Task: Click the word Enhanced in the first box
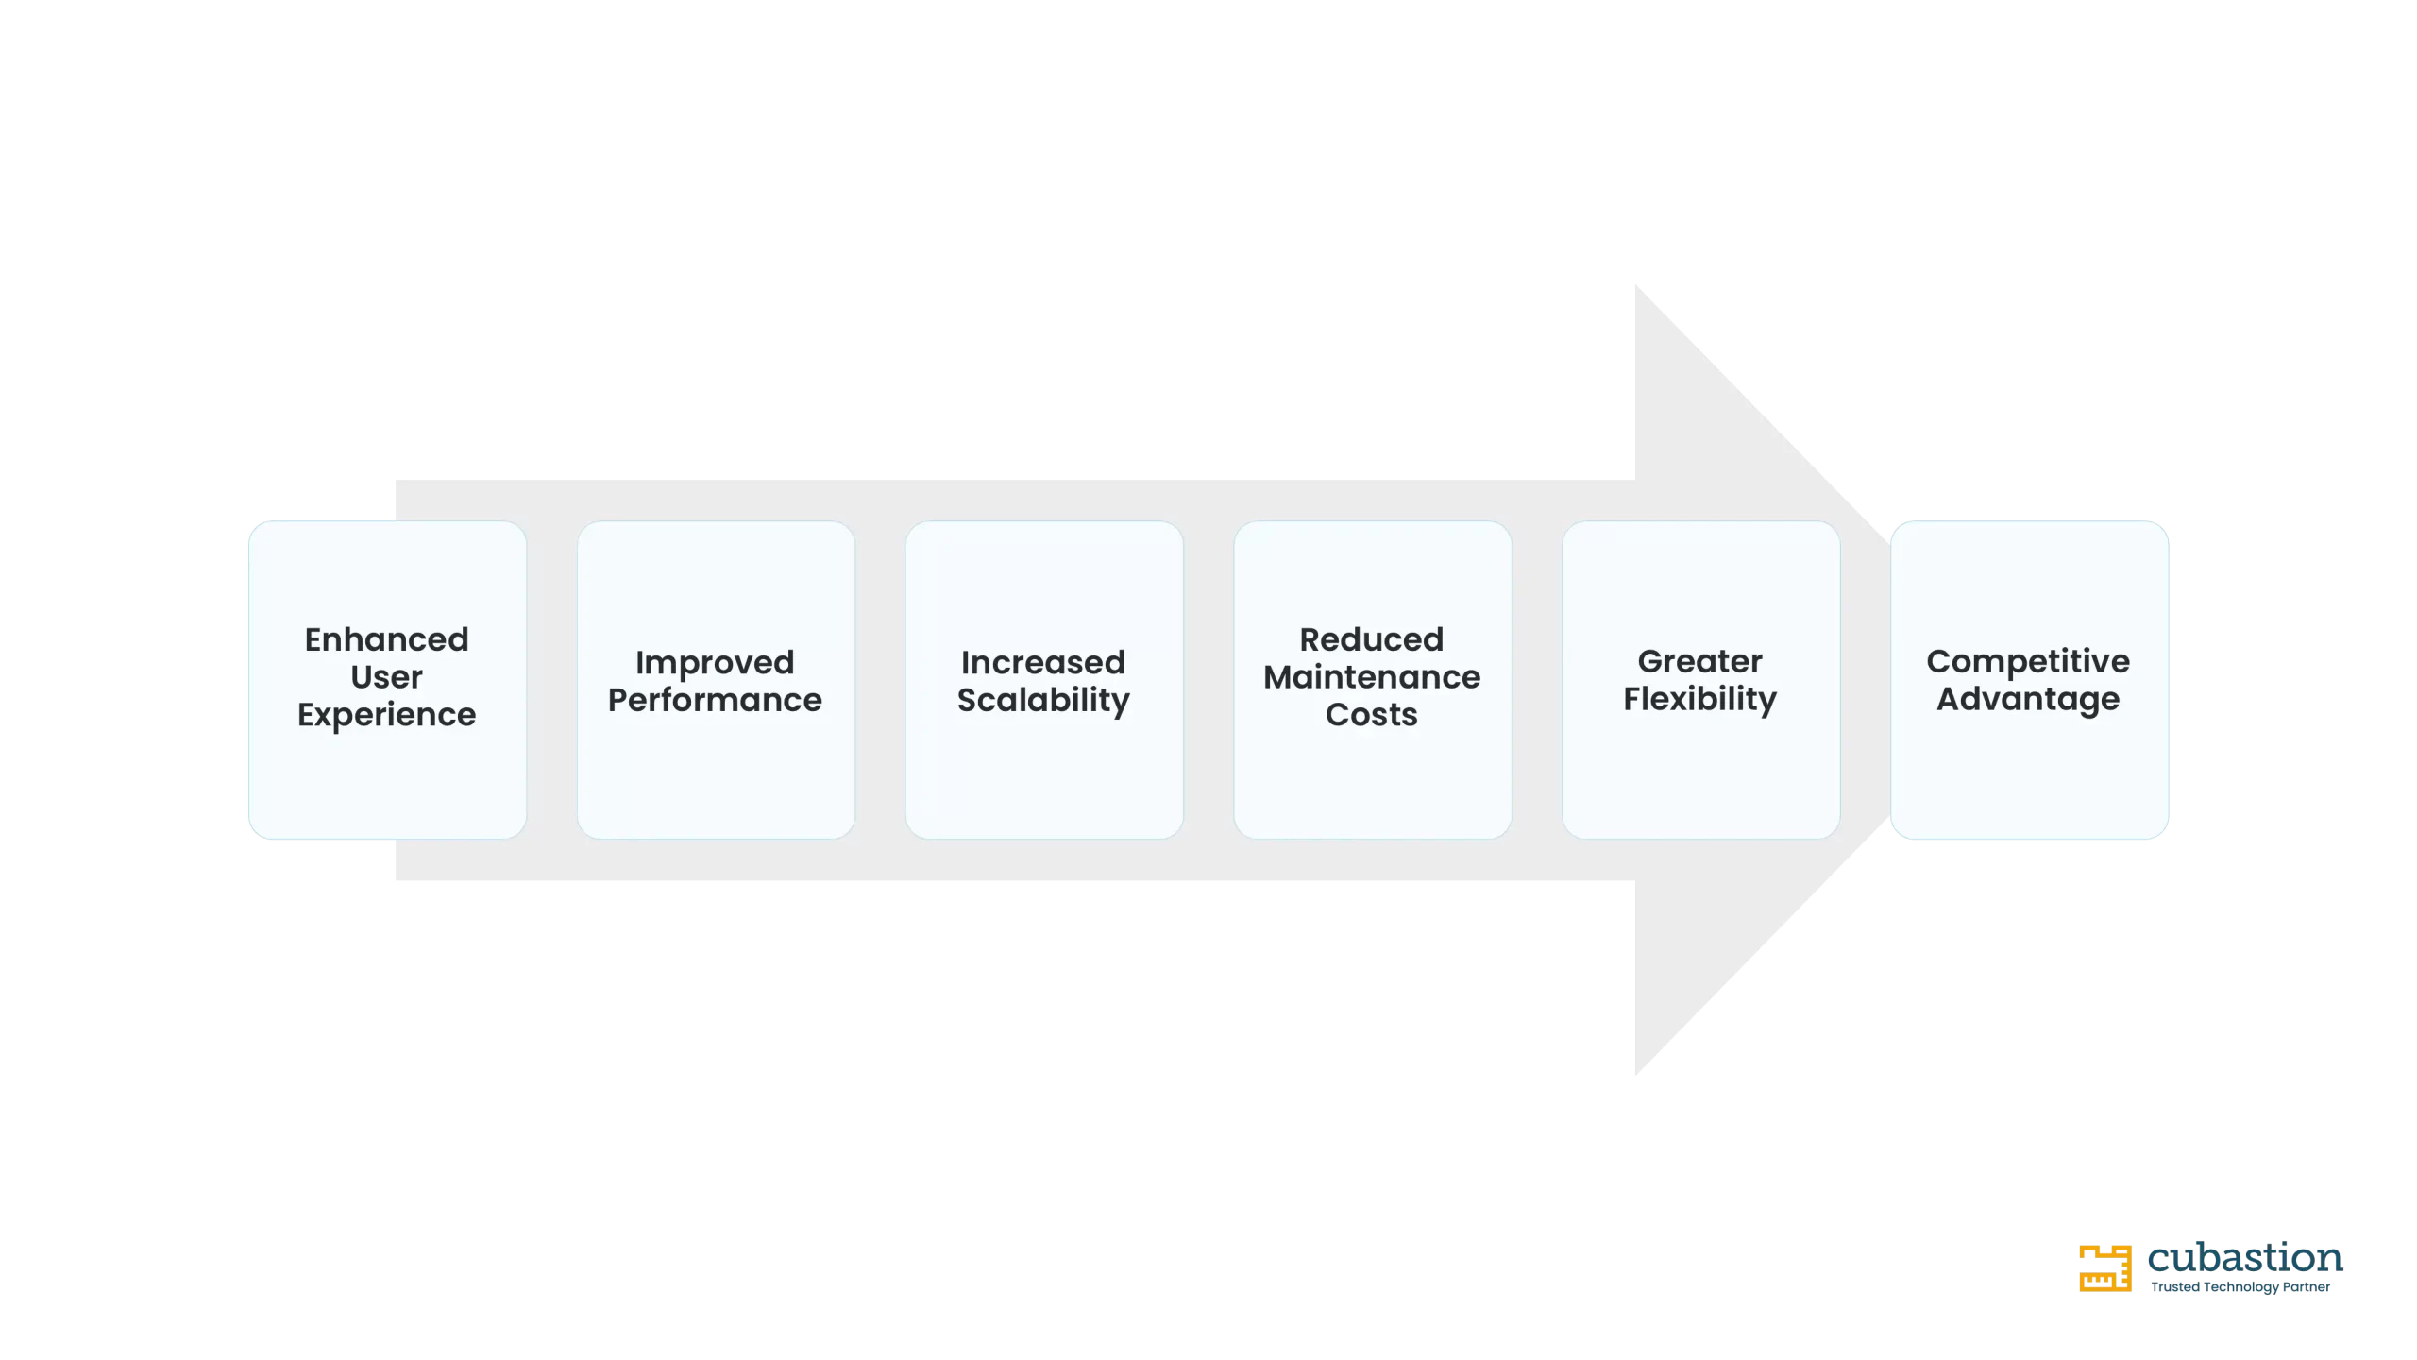[386, 639]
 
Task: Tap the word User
[386, 677]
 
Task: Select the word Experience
[386, 716]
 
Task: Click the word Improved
[715, 663]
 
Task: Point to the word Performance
[715, 700]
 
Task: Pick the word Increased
[1043, 662]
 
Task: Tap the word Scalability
[1043, 701]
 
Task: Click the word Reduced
[1372, 639]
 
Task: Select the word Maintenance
[1372, 677]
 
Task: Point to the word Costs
[1372, 715]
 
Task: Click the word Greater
[1700, 661]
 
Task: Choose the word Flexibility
[1700, 700]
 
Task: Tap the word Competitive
[2028, 662]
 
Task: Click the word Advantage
[2028, 700]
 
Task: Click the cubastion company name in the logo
[2245, 1258]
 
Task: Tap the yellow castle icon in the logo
[2105, 1268]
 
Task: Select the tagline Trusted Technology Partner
[2240, 1287]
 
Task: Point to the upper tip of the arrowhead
[1636, 285]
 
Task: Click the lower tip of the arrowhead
[1636, 1075]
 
